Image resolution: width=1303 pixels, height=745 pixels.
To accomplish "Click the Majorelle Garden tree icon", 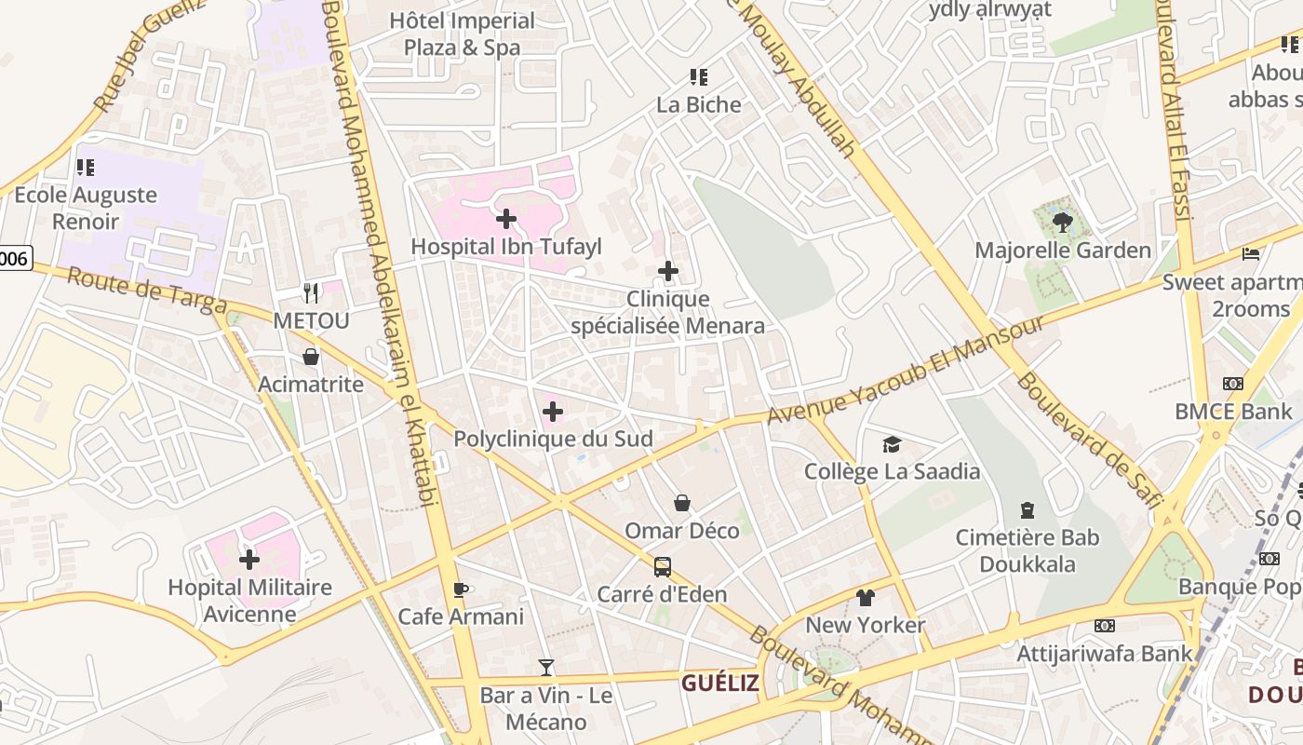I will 1062,222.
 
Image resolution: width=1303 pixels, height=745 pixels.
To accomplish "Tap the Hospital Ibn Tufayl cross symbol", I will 506,219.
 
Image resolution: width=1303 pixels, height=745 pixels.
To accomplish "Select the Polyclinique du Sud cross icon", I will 553,411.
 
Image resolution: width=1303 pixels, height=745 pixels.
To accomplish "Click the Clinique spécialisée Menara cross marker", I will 667,271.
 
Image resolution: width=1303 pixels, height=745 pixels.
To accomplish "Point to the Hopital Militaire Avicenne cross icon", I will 249,560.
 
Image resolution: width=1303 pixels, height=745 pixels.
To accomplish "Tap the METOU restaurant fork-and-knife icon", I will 311,293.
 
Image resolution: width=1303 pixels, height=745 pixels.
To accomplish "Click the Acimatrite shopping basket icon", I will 311,357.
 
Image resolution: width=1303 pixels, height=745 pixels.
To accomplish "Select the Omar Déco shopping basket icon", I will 682,503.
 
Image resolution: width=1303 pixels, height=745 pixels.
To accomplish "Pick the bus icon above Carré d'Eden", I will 662,566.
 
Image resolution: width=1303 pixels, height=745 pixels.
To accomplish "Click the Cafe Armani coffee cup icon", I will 460,589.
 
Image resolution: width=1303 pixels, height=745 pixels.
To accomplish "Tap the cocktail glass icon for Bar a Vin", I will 546,668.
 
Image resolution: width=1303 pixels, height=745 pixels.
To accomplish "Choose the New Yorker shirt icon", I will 866,597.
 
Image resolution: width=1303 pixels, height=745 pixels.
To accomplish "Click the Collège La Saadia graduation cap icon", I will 892,444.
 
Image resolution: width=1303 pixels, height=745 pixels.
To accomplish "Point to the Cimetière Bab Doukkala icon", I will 1028,510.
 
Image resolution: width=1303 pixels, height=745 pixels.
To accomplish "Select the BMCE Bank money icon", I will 1233,384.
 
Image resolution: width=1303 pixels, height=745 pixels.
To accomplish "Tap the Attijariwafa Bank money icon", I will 1105,626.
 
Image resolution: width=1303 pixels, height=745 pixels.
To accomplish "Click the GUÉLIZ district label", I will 720,684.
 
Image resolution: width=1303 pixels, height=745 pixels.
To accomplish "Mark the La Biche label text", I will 699,104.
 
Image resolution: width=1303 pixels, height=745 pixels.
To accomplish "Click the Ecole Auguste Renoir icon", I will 86,168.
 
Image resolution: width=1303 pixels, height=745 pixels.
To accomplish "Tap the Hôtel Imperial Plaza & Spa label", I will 463,34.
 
